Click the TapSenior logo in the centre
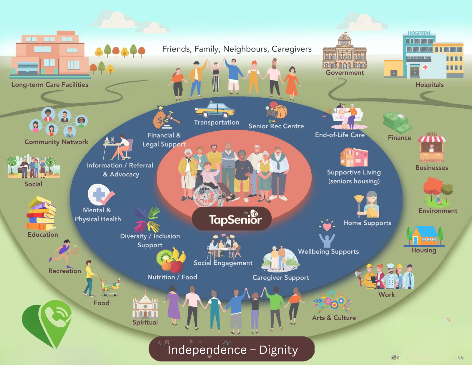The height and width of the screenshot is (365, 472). click(235, 219)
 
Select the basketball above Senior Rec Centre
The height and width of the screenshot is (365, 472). click(281, 112)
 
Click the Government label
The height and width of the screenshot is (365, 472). click(345, 73)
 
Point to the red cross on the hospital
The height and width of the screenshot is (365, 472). click(425, 67)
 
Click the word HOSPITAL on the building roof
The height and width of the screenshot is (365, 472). click(419, 33)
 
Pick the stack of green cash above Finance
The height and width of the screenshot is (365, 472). click(397, 122)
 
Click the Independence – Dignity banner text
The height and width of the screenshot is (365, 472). click(233, 350)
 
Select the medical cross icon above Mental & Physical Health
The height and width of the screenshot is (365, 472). click(99, 195)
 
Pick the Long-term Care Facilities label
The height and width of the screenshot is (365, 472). click(50, 84)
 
